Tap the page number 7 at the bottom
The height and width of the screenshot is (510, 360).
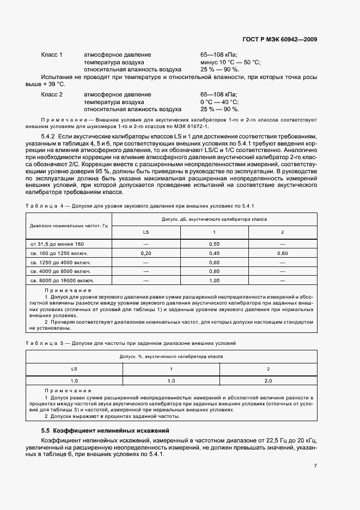pyautogui.click(x=315, y=466)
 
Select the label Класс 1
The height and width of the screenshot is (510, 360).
pyautogui.click(x=52, y=55)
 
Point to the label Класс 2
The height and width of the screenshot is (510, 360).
pyautogui.click(x=52, y=94)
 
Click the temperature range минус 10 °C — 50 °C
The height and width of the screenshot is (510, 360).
pyautogui.click(x=230, y=63)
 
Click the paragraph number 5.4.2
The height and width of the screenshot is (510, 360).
pyautogui.click(x=50, y=135)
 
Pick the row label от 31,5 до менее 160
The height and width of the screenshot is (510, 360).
pyautogui.click(x=57, y=244)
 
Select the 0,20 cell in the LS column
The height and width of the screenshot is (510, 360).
pyautogui.click(x=146, y=253)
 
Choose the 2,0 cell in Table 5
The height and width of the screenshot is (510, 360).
pyautogui.click(x=268, y=380)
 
